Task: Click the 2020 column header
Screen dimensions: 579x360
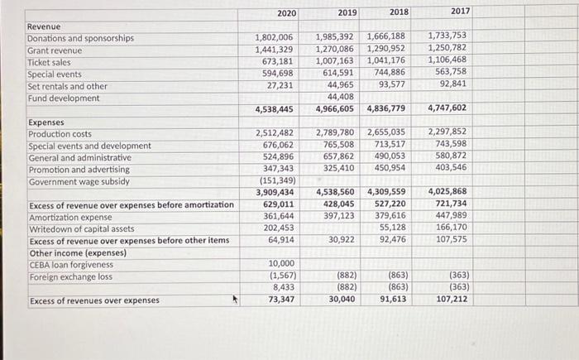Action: click(x=286, y=13)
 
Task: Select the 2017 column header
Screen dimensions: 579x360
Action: click(x=460, y=11)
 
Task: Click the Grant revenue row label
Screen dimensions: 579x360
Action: click(x=55, y=50)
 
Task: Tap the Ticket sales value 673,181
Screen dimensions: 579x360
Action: click(x=277, y=61)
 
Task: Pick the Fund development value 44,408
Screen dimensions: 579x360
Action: click(x=341, y=97)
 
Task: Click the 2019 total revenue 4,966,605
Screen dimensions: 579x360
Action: click(x=334, y=109)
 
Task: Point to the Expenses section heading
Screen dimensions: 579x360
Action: click(x=46, y=122)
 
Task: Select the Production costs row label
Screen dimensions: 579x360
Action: click(x=60, y=134)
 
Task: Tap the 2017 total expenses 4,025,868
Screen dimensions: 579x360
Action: click(x=447, y=191)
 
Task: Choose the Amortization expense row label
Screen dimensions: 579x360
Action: click(x=70, y=218)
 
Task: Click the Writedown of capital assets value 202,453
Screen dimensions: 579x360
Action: click(x=279, y=228)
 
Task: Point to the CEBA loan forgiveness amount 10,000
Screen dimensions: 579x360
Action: click(x=281, y=263)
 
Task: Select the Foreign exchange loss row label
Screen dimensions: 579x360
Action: click(x=70, y=277)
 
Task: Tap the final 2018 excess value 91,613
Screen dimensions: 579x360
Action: click(x=393, y=299)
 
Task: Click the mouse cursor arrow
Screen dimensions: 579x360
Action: click(x=235, y=299)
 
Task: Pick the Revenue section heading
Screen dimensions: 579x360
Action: click(x=44, y=26)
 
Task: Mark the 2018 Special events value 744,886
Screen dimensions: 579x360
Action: click(x=390, y=72)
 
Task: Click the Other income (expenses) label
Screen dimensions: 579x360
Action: click(x=78, y=253)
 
